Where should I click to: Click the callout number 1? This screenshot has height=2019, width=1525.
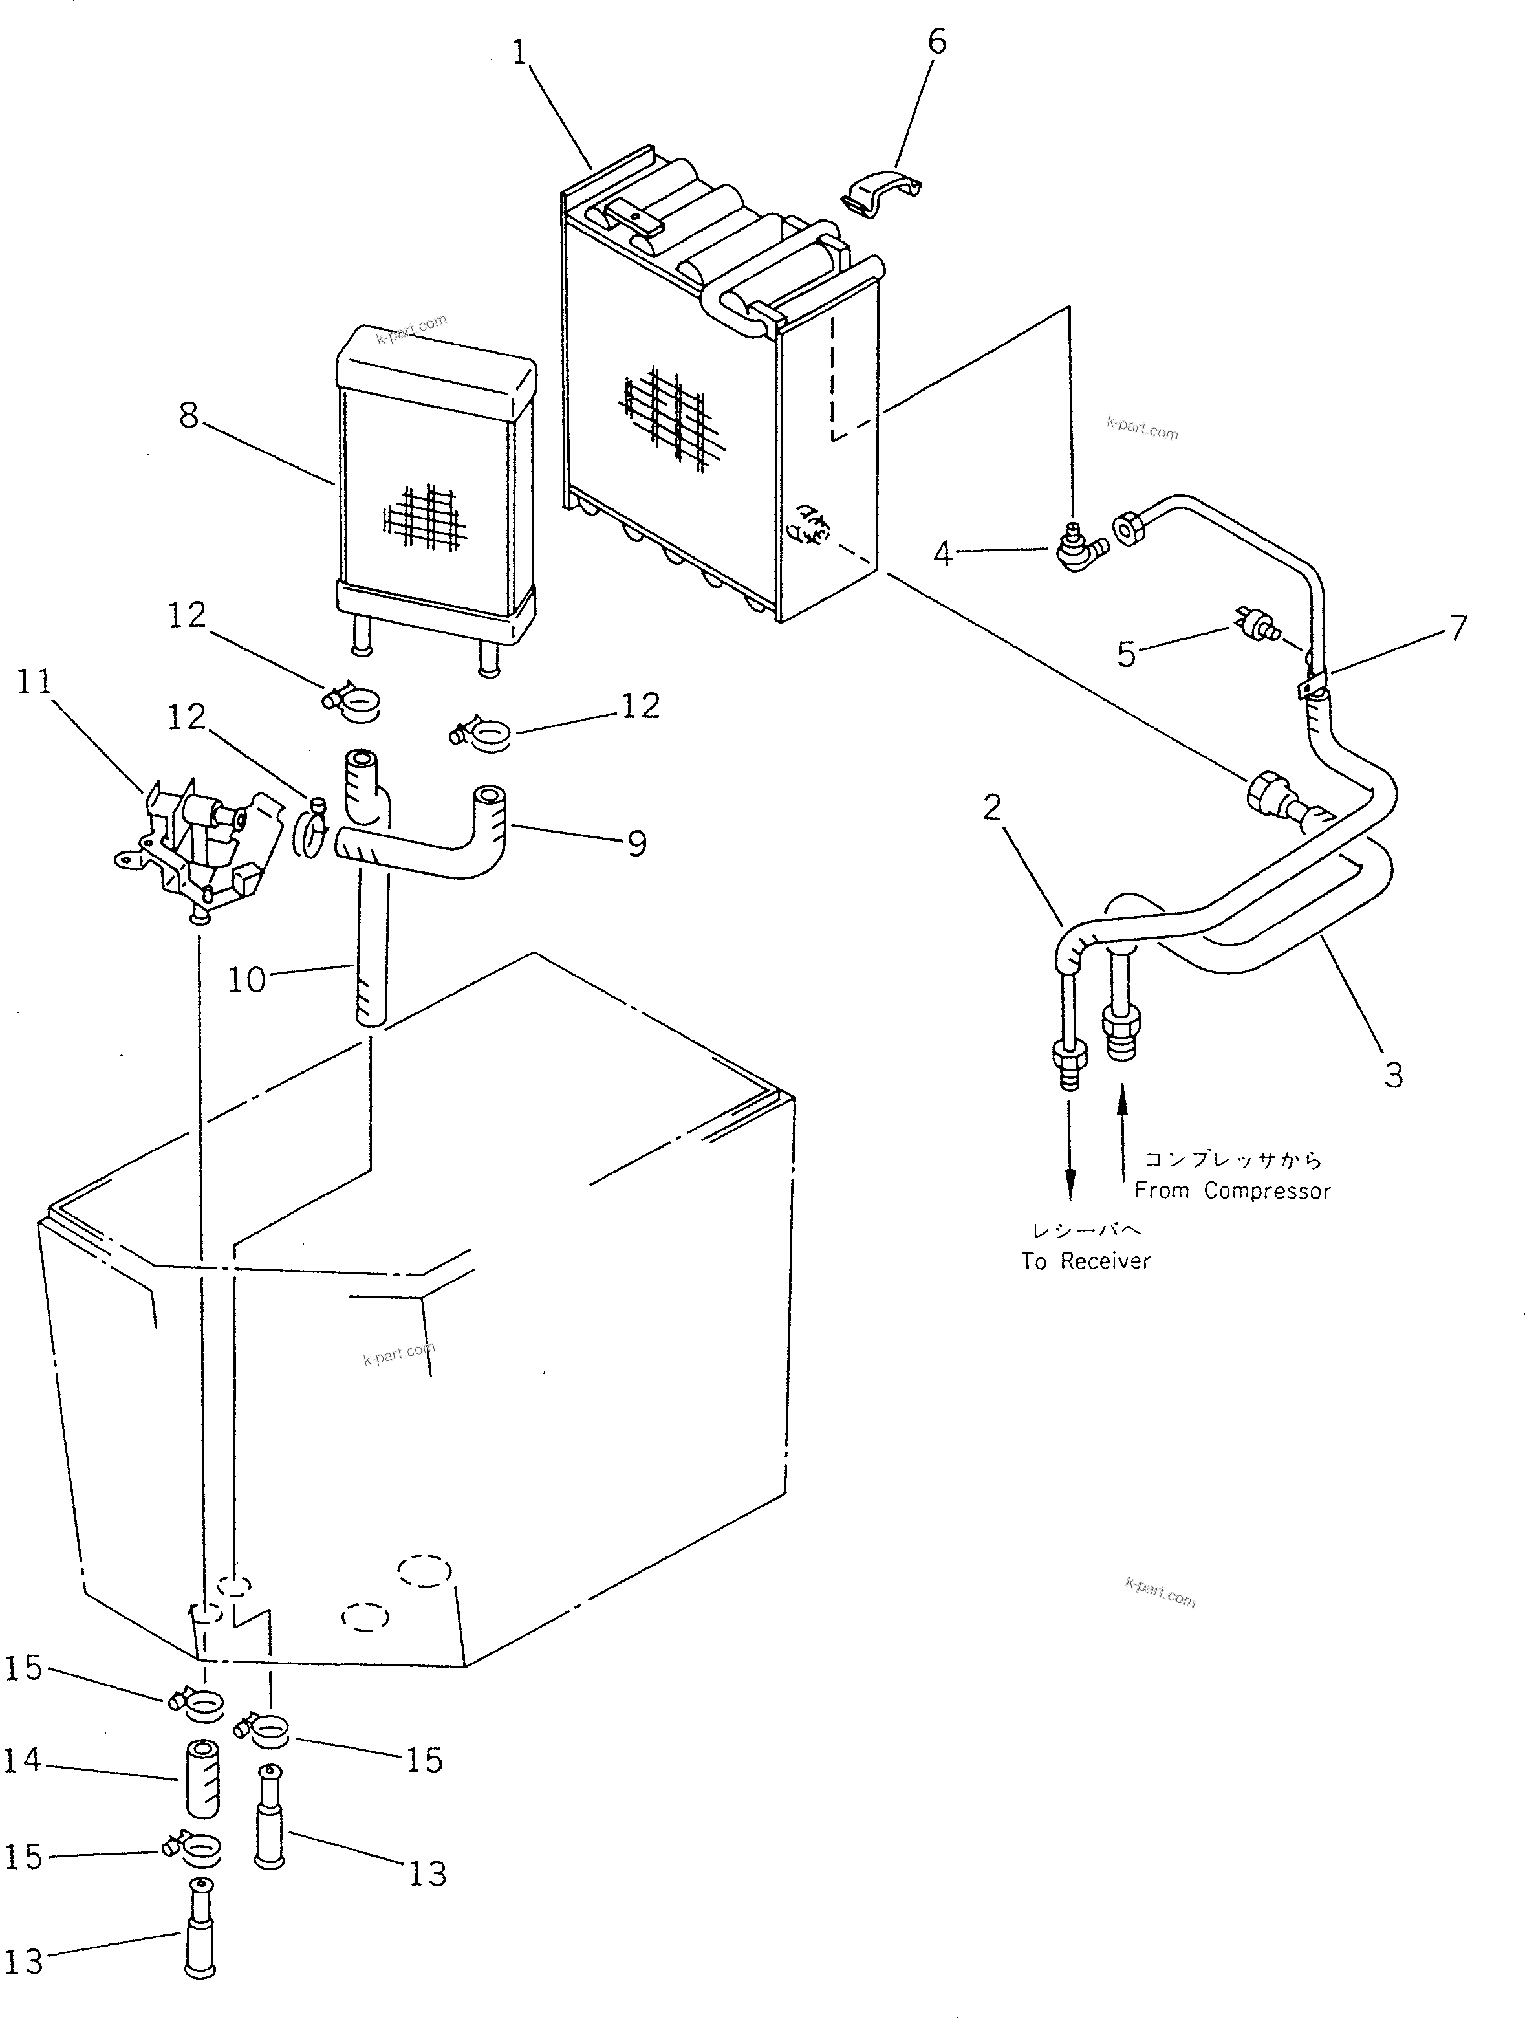coord(520,54)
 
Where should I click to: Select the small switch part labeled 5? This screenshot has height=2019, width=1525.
coord(1259,624)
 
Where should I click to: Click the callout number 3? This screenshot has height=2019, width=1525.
coord(1392,1075)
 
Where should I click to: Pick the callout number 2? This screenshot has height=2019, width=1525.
coord(992,806)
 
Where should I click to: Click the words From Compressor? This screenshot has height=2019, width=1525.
coord(1232,1190)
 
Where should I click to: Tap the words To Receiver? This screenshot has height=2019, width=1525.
coord(1086,1261)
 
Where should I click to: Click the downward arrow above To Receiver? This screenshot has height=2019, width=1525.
coord(1070,1150)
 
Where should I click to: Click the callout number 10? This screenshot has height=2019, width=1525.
coord(246,980)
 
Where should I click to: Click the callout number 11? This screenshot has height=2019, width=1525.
coord(35,681)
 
